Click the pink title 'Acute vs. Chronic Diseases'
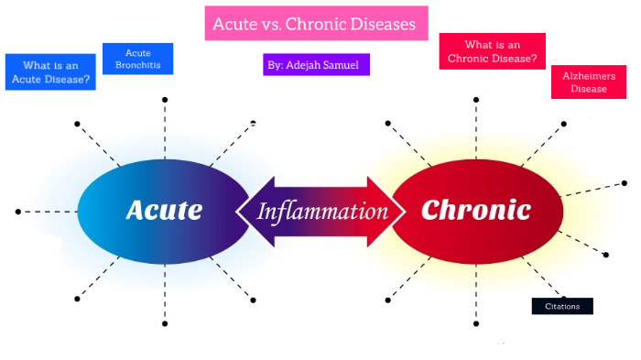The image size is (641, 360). point(315,23)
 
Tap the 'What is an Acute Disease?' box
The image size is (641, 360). point(50,71)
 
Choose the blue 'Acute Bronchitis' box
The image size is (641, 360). point(137,59)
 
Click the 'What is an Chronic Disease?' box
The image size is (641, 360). point(492,51)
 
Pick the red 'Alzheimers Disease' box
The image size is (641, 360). point(589,82)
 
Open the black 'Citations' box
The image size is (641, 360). point(562,306)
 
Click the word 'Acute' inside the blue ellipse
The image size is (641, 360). point(163,210)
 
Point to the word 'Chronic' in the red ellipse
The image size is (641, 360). point(475,210)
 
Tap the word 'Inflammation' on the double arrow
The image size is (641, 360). point(322,212)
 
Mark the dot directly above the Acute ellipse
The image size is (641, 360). point(165,98)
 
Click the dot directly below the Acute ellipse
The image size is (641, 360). point(165,323)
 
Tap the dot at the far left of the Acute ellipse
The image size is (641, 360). point(18,212)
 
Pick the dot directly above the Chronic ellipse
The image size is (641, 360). point(476,98)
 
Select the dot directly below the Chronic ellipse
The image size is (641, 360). point(476,323)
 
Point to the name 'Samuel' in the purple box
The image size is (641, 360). point(343,64)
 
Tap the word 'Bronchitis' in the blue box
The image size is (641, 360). point(137,66)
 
